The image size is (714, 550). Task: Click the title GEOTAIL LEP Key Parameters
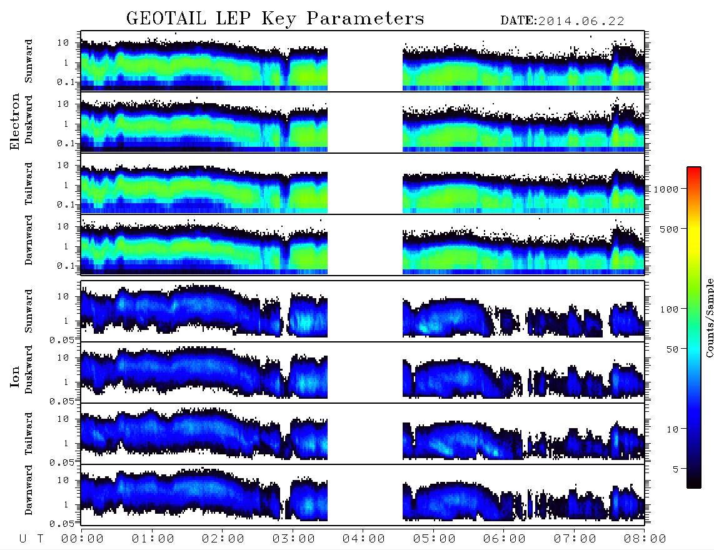[275, 19]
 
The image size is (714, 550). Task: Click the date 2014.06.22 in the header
[581, 21]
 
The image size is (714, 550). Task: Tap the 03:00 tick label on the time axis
[293, 539]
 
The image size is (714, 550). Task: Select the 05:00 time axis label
[434, 539]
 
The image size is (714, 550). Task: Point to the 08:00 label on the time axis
[645, 539]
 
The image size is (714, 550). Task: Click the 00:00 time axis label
[83, 539]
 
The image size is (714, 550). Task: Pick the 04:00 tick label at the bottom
[363, 539]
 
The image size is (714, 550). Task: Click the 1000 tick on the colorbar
[666, 189]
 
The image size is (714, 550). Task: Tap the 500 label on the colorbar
[670, 229]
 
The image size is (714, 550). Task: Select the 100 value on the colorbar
[670, 309]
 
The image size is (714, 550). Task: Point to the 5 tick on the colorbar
[676, 469]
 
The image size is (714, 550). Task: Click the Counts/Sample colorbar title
[709, 317]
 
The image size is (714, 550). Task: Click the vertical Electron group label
[14, 122]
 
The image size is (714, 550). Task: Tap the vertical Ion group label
[14, 377]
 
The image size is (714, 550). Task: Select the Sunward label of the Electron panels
[29, 61]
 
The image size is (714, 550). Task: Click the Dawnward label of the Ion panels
[29, 490]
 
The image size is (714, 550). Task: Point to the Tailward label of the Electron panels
[29, 184]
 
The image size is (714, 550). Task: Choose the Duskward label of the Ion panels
[29, 369]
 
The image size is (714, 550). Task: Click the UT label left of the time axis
[31, 539]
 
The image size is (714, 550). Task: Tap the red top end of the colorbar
[693, 169]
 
